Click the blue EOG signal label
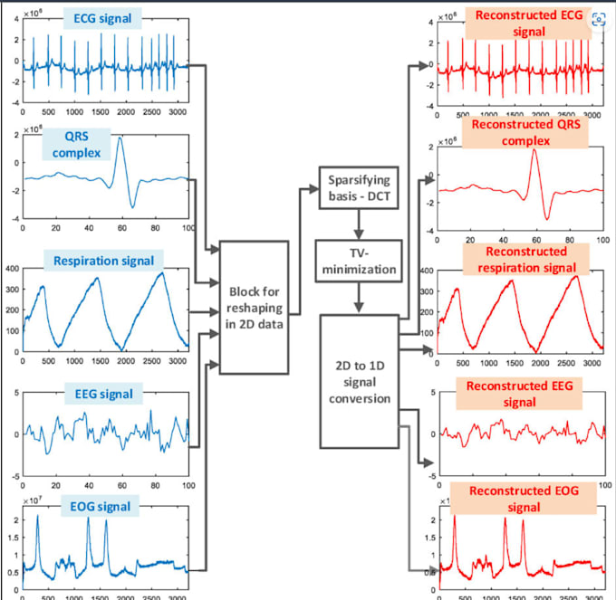(x=101, y=506)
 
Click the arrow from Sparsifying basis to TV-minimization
(x=358, y=225)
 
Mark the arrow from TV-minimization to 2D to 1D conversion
(x=358, y=296)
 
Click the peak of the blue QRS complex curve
(x=120, y=138)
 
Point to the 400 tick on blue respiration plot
(x=12, y=269)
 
